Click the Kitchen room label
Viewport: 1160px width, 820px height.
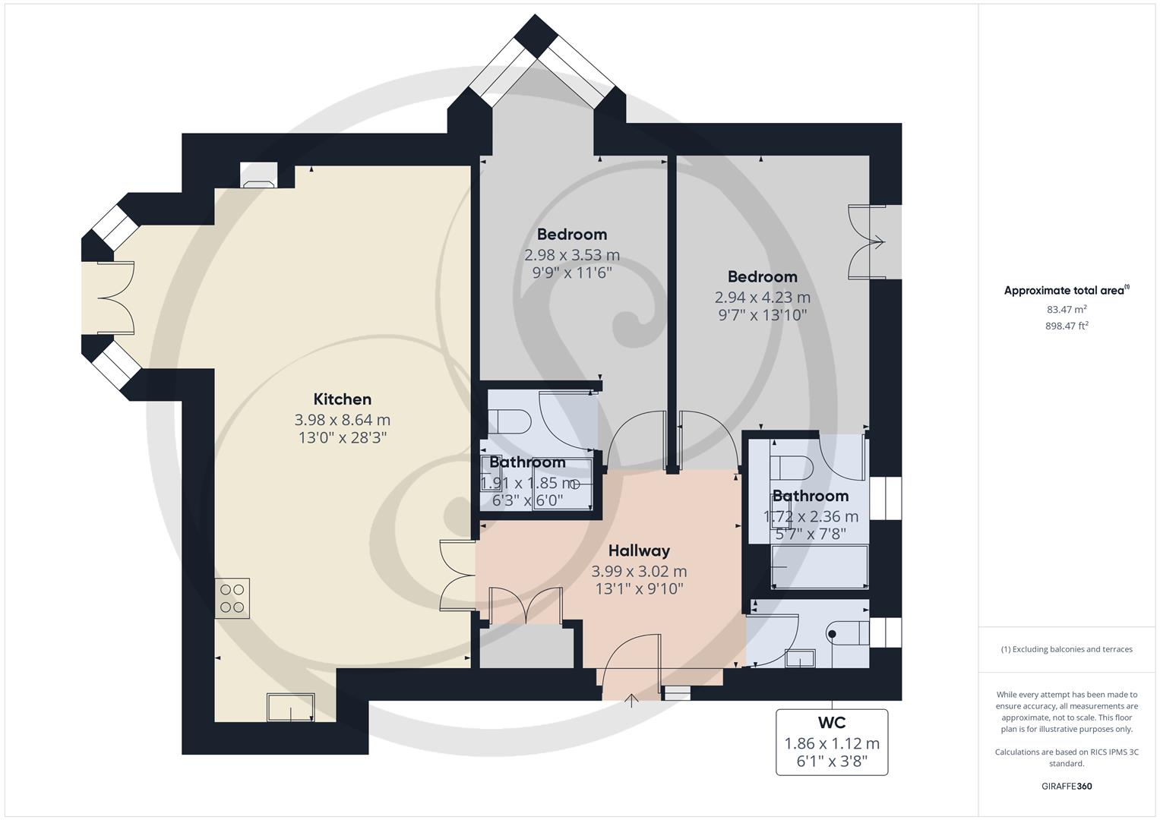[342, 399]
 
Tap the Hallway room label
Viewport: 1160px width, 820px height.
[639, 550]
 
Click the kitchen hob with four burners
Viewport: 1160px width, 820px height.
[232, 598]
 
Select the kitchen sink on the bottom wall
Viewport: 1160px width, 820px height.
[290, 708]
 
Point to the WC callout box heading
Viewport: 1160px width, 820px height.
[831, 723]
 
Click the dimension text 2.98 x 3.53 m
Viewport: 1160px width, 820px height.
[571, 255]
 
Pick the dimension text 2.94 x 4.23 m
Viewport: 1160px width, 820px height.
[762, 298]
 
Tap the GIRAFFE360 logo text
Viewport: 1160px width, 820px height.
[1067, 787]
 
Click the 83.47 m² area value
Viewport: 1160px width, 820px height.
[1067, 309]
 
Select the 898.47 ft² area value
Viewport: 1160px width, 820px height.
[1067, 326]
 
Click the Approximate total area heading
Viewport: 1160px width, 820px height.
[1067, 290]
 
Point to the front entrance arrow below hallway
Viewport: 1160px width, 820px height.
[631, 699]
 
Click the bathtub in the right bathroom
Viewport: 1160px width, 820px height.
[820, 567]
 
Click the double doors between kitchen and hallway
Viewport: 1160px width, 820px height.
[458, 576]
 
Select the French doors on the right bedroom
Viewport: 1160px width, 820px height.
[867, 242]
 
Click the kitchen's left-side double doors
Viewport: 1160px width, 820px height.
[115, 298]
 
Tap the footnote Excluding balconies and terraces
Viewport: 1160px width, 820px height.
[1067, 649]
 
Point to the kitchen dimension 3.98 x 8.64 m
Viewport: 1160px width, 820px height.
[342, 420]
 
